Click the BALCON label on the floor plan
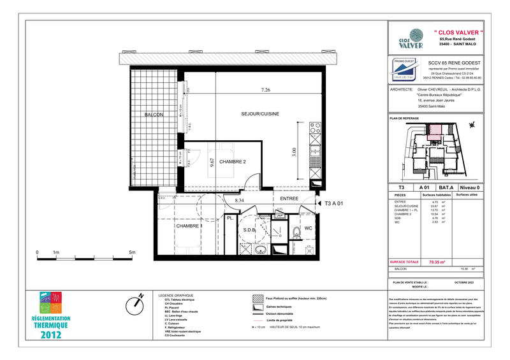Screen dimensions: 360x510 point(154,115)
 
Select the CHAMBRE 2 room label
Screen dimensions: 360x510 point(233,162)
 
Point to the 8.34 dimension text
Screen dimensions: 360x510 point(240,200)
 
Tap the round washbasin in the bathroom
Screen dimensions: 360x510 point(261,249)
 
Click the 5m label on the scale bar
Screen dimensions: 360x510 point(132,252)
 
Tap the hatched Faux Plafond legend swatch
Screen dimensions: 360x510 point(257,298)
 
